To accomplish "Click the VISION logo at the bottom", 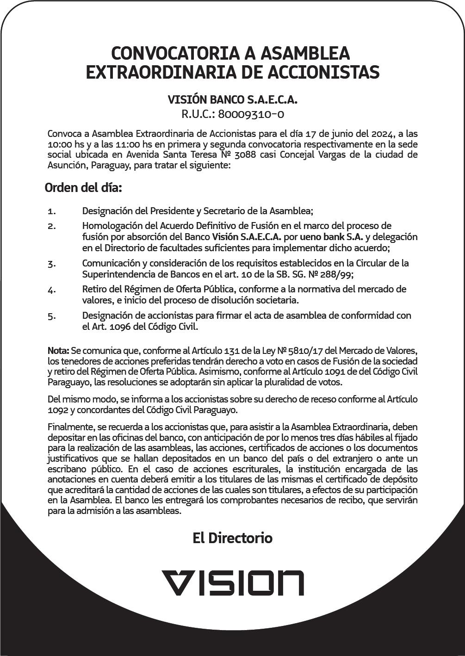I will coord(233,582).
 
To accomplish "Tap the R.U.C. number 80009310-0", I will coord(251,114).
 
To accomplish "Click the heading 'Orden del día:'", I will coord(83,188).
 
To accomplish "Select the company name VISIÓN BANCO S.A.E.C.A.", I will coord(233,99).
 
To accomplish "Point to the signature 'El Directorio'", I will coord(233,538).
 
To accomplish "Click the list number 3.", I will coord(51,264).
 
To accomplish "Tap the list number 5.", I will coord(51,317).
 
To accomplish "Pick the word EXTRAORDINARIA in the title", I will coord(161,73).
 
